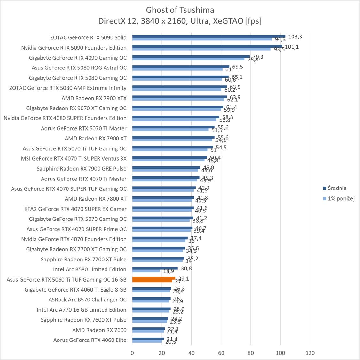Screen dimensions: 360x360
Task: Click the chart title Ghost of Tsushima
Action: click(180, 10)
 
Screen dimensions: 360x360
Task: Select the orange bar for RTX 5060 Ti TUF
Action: click(153, 279)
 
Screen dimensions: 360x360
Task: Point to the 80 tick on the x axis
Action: click(251, 353)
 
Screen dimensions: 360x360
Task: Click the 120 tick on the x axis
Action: click(310, 353)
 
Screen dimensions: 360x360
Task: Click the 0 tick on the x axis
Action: click(132, 353)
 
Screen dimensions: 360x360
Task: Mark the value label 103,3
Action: click(295, 36)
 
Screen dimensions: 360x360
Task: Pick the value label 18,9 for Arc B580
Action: click(168, 271)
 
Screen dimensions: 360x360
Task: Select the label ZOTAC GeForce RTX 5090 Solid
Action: click(88, 37)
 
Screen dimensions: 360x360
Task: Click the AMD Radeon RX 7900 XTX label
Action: click(94, 98)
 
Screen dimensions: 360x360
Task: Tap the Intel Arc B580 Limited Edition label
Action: click(90, 269)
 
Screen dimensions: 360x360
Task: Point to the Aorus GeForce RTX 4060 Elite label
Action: click(90, 340)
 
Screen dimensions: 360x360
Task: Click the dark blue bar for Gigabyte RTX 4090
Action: click(191, 57)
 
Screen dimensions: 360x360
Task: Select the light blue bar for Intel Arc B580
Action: click(146, 271)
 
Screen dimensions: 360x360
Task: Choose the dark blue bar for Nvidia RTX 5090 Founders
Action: click(207, 46)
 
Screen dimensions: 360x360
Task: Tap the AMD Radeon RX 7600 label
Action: click(99, 330)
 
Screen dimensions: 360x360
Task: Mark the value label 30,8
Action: click(186, 268)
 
